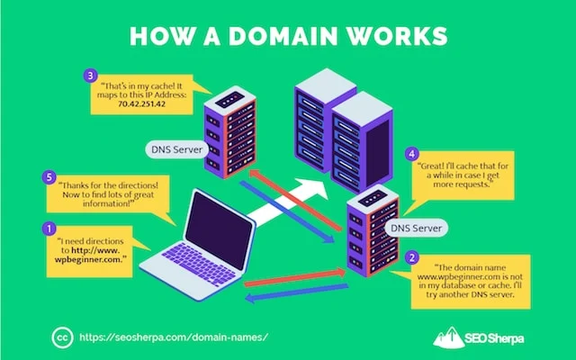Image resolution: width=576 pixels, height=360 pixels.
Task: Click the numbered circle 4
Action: click(x=411, y=154)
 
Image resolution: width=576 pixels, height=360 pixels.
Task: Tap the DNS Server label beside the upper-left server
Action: click(x=176, y=149)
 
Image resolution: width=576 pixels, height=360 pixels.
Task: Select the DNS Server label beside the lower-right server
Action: click(x=418, y=229)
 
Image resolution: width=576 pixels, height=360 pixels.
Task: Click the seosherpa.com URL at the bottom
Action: click(x=175, y=334)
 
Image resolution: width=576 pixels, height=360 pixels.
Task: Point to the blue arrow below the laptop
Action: click(x=297, y=293)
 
